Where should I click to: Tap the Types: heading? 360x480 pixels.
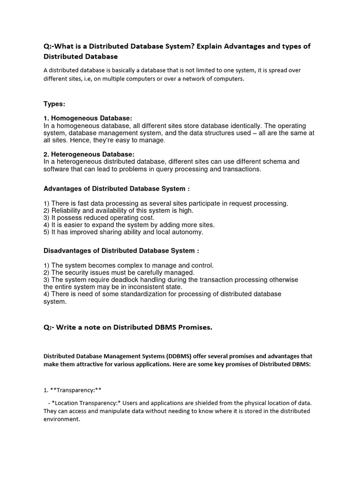point(54,104)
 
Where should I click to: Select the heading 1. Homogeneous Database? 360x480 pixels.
point(88,119)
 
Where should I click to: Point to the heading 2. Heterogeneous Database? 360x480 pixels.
point(89,154)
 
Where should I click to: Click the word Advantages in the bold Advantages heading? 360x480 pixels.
point(62,189)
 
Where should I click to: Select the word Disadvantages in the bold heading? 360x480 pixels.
point(67,251)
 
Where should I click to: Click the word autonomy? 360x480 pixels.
point(188,232)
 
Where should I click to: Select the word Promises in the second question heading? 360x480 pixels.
point(194,328)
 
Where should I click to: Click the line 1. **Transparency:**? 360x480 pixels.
point(73,390)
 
